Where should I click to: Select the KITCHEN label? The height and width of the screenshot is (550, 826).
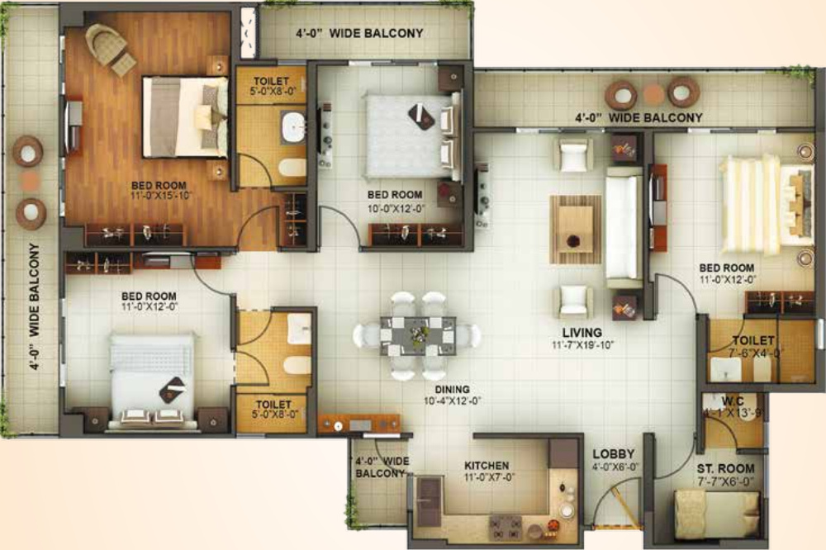click(487, 466)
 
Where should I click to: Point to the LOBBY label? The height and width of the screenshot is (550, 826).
click(613, 454)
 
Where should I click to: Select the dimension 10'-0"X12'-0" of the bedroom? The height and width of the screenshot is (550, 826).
click(396, 208)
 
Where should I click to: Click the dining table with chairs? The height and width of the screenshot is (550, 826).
click(417, 335)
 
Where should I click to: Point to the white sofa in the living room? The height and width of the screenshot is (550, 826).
click(624, 227)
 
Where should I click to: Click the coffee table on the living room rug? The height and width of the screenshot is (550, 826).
click(575, 229)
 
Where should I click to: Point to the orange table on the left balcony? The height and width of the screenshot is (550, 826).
click(30, 183)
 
